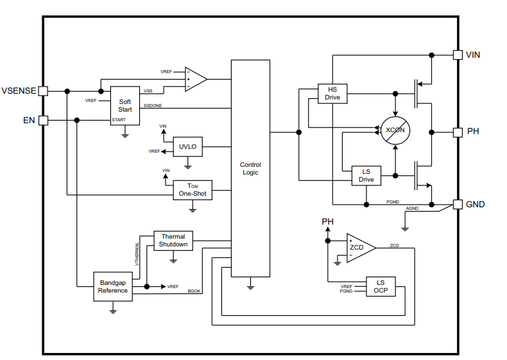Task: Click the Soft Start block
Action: click(125, 105)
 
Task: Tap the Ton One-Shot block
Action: click(193, 190)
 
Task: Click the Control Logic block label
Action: click(250, 168)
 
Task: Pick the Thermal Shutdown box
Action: click(173, 241)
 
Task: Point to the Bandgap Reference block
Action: click(113, 286)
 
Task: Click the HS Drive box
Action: click(332, 94)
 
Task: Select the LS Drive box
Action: click(366, 176)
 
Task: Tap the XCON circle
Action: click(396, 131)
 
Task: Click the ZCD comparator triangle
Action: click(359, 248)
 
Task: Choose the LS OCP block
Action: click(381, 287)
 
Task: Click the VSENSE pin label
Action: click(19, 91)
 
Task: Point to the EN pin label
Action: click(29, 120)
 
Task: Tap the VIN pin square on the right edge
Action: click(458, 55)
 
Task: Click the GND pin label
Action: click(476, 204)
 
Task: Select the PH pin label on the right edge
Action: click(473, 132)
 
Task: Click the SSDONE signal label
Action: click(153, 105)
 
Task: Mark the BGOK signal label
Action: click(194, 292)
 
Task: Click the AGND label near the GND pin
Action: click(412, 209)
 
